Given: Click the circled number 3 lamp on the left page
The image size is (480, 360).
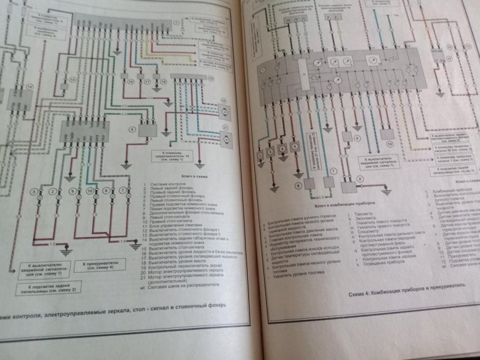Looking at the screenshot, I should (36, 193).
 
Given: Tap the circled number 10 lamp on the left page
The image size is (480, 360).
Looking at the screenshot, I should (90, 192).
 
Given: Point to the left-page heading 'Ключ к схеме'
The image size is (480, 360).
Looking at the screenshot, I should (179, 175).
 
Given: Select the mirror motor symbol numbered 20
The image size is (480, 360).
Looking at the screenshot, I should (226, 111).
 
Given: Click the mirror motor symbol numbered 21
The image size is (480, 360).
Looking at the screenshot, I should (226, 134).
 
